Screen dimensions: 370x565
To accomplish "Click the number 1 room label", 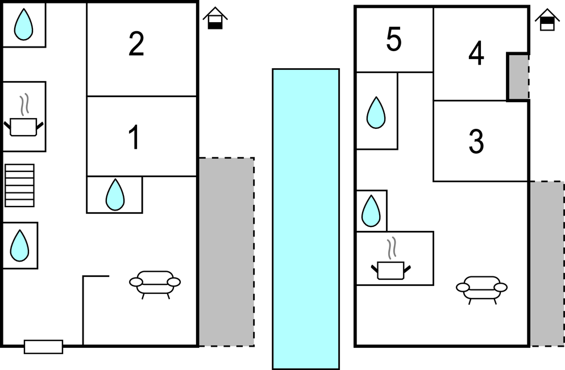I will (x=134, y=138).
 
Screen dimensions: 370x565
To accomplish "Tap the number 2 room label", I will (x=136, y=44).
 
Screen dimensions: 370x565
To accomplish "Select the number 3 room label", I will (x=476, y=142).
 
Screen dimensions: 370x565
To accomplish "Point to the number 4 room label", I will (x=476, y=54).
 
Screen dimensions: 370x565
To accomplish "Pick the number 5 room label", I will (x=394, y=40).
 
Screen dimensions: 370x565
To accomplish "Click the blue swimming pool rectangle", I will (x=306, y=218).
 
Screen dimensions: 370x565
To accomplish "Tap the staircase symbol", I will (x=19, y=186).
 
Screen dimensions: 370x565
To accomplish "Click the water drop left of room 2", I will (x=23, y=25).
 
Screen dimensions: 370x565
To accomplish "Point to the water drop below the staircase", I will (x=20, y=245).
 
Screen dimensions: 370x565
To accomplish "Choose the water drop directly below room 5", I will (x=376, y=112).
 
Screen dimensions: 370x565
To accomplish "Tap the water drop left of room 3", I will (x=371, y=211).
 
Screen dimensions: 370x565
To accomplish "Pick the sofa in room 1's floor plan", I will (x=155, y=282).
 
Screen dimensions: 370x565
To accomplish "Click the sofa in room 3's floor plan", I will (x=481, y=288).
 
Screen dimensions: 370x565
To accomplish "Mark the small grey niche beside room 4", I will (x=518, y=77).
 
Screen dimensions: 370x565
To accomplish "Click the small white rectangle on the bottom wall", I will (x=43, y=346).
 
